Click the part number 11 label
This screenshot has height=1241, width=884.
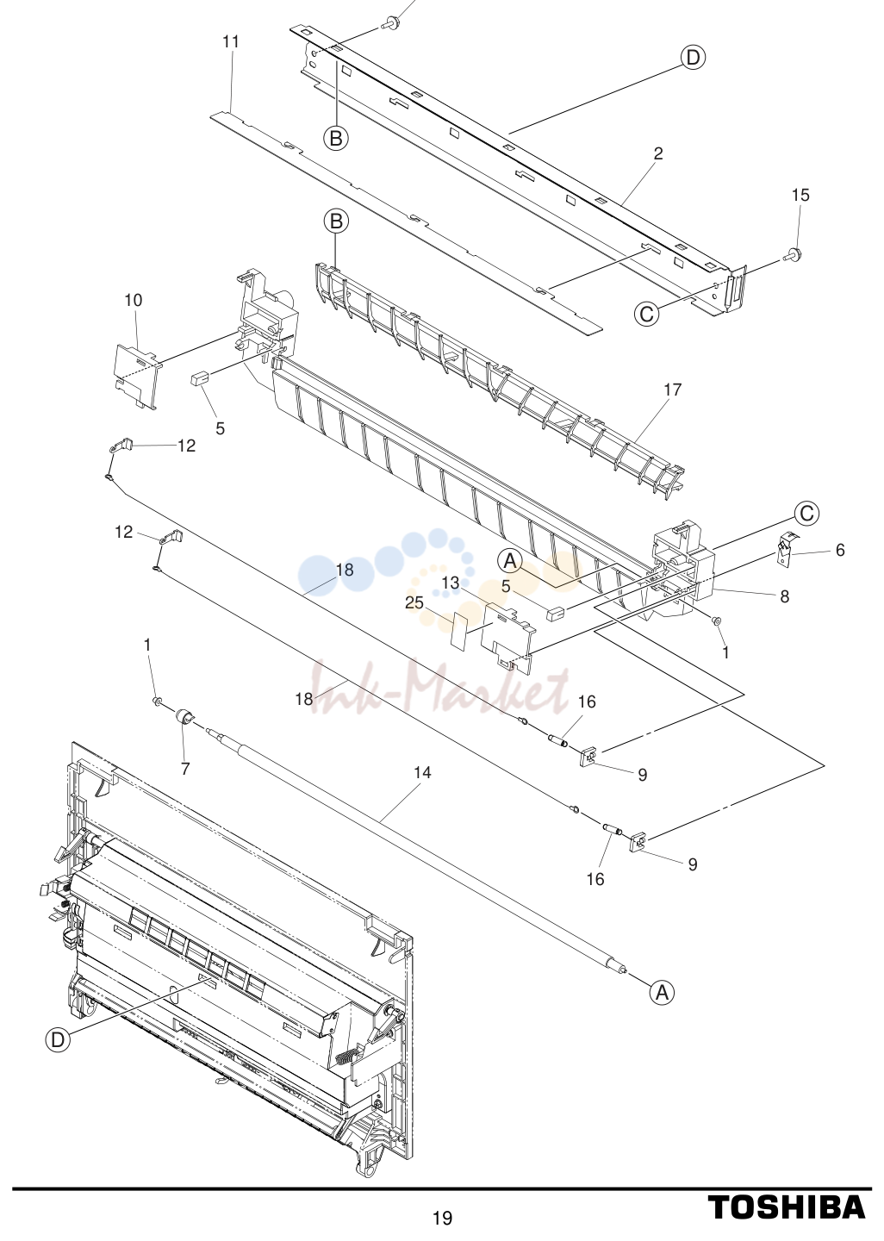(231, 41)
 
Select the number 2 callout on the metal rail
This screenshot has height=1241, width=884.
(658, 153)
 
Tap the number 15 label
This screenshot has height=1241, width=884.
(800, 195)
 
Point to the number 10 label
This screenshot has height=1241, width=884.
(134, 300)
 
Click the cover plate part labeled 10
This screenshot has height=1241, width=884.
(137, 376)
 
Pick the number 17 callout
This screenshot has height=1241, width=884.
(672, 390)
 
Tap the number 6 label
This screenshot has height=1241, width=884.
(840, 550)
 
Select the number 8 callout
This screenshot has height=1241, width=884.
(785, 596)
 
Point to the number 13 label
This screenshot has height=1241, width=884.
(451, 583)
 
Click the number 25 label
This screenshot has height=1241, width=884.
(414, 602)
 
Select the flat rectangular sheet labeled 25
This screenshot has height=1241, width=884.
(458, 630)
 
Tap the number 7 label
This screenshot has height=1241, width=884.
(185, 769)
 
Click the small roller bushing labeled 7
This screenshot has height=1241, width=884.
(184, 717)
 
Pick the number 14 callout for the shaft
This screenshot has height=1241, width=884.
(422, 772)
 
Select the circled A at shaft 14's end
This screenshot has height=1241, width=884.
(662, 994)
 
